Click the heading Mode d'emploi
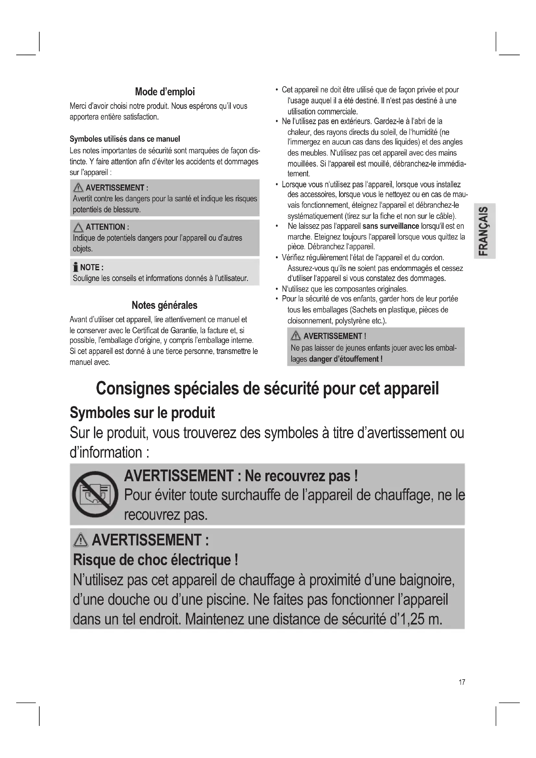pos(165,92)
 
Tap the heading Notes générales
pos(164,305)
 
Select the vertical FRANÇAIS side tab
pos(484,231)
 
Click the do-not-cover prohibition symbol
pos(95,494)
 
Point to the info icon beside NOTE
pos(76,267)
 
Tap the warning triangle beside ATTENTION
pos(78,227)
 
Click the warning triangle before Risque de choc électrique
pos(81,540)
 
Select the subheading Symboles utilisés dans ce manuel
pos(125,139)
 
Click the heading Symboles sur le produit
pos(142,413)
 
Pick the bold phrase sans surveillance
pos(390,226)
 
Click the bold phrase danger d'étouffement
pos(345,359)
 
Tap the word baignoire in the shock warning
pos(426,580)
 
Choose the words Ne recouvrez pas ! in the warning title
pos(301,476)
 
